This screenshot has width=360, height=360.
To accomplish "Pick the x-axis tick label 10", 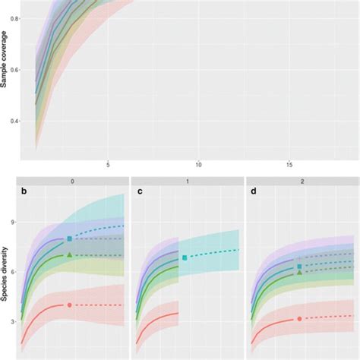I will tap(198, 165).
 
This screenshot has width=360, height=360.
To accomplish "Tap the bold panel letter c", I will tap(139, 198).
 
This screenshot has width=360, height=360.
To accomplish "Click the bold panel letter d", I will tap(254, 198).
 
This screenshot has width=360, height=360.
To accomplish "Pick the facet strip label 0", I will tap(73, 182).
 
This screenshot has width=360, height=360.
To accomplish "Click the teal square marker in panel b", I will tap(70, 238).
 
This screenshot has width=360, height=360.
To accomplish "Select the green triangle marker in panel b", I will tap(70, 255).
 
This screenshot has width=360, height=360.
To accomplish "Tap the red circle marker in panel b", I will tap(70, 305).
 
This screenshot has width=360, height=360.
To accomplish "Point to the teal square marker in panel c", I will tap(185, 258).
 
